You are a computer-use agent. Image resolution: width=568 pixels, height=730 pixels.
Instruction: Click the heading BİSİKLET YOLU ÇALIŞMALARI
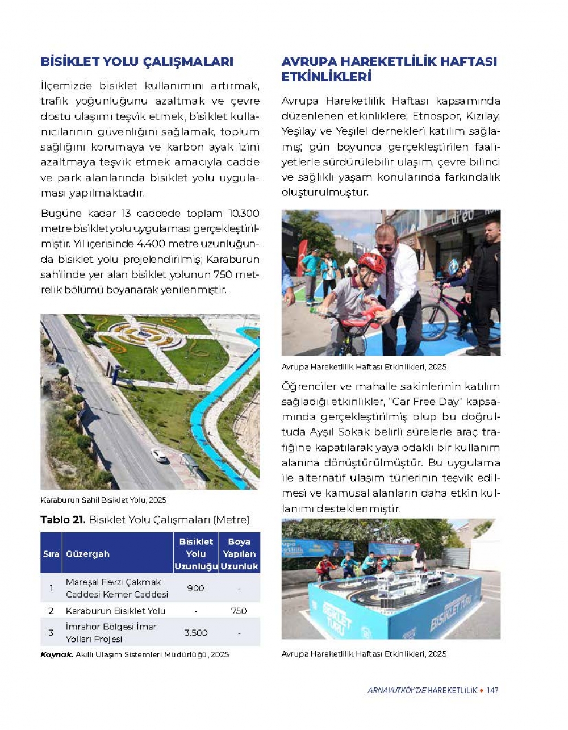point(137,62)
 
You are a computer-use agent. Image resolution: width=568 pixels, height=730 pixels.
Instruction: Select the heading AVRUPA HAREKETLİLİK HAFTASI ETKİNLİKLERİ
point(389,69)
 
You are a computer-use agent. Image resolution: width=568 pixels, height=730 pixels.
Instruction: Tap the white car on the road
point(160,455)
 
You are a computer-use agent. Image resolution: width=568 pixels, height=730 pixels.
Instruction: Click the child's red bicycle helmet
point(371,262)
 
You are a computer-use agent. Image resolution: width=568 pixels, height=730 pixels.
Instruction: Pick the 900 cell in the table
point(195,588)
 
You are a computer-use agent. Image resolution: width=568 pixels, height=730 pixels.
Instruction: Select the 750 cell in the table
point(239,611)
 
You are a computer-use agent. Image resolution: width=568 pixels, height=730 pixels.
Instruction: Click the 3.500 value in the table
point(195,632)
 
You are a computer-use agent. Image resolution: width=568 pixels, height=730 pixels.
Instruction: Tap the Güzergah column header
point(87,554)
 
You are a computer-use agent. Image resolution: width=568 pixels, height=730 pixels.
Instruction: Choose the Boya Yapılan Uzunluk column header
point(239,554)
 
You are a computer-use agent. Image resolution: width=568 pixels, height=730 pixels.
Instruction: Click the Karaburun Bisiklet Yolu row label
point(116,611)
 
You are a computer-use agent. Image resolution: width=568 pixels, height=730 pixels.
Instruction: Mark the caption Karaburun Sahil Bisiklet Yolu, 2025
point(103,500)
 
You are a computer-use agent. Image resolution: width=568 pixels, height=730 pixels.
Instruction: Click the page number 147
point(492,690)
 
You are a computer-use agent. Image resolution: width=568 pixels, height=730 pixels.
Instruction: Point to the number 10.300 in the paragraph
point(244,214)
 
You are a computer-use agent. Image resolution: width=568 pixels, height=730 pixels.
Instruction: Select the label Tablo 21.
point(62,520)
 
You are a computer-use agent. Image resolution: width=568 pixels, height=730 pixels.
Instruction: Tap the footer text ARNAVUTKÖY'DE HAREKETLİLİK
point(422,690)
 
